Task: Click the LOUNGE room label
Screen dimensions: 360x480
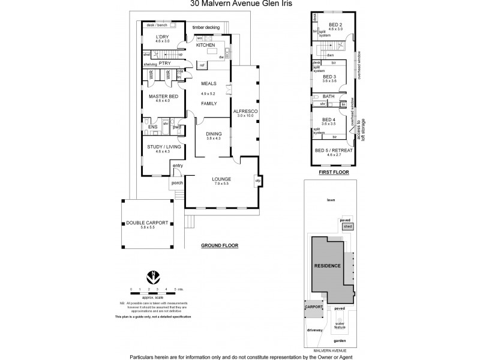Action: [222, 179]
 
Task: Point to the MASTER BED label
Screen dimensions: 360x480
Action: [163, 96]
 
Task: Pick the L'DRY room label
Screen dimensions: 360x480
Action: [163, 37]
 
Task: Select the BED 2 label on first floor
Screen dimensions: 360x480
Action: [335, 25]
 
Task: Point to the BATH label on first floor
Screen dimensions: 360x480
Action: [329, 96]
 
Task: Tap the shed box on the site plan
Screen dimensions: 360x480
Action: [347, 227]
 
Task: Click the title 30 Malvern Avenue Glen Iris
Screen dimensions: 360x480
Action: [239, 4]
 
